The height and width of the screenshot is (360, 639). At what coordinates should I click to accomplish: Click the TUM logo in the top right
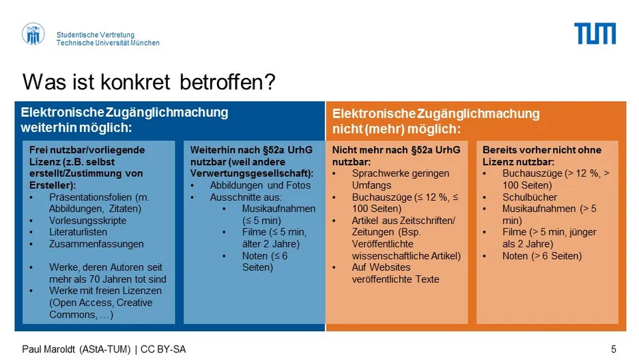click(x=595, y=33)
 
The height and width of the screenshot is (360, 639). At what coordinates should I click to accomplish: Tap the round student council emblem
click(x=33, y=34)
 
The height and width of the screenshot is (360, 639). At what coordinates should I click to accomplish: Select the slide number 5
click(x=613, y=349)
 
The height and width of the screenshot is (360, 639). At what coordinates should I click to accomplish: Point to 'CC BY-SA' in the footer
click(x=163, y=349)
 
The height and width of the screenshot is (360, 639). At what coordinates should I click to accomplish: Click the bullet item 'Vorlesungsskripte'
click(x=87, y=221)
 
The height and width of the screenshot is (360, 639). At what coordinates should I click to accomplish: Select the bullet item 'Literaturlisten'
click(x=79, y=232)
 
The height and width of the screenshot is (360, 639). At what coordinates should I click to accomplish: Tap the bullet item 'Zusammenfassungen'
click(x=96, y=244)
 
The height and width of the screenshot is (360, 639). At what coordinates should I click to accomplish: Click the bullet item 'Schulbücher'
click(x=529, y=197)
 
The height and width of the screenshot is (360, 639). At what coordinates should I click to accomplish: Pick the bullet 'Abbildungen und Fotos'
click(x=260, y=185)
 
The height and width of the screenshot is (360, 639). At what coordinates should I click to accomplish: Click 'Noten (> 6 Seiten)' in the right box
click(x=542, y=256)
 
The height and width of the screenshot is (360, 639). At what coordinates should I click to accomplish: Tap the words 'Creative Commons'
click(x=101, y=309)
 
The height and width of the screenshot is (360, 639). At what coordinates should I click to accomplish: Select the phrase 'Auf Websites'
click(x=381, y=268)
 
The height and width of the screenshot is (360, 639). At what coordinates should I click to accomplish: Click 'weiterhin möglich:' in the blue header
click(x=76, y=128)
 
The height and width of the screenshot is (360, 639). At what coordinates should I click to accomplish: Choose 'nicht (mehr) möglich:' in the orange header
click(x=396, y=129)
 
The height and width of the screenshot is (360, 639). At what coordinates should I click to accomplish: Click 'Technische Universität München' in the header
click(x=108, y=43)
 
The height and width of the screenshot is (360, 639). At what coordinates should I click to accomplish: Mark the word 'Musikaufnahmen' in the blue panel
click(x=279, y=209)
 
